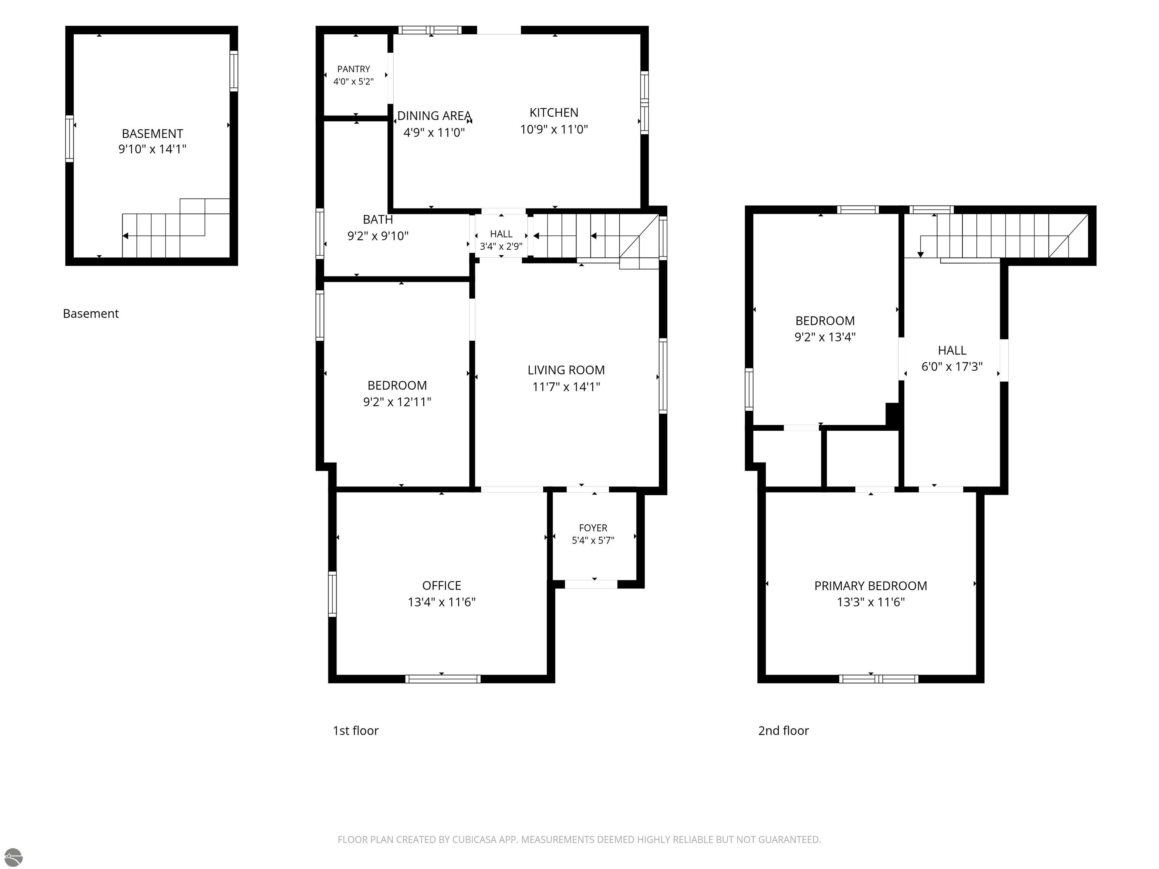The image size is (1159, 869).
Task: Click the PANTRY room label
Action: point(354,69)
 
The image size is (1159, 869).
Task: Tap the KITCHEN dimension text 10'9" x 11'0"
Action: point(554,129)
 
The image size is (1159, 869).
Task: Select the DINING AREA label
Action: point(434,116)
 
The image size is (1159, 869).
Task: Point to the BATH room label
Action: point(378,220)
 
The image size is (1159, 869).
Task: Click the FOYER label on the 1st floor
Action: point(593,528)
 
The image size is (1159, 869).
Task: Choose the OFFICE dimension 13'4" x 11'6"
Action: point(442,602)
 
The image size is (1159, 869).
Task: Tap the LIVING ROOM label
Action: point(566,370)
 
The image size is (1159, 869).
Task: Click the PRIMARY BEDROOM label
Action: point(870,586)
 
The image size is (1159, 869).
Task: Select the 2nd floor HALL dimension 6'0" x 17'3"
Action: point(952,367)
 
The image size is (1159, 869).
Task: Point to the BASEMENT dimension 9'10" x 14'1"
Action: point(152,149)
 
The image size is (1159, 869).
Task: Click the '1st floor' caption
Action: point(356,731)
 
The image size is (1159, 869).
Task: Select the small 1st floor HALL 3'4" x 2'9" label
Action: point(501,240)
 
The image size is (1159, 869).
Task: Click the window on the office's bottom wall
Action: point(443,679)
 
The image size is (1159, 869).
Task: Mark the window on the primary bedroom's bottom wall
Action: point(878,679)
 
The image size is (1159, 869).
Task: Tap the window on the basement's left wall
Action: point(69,139)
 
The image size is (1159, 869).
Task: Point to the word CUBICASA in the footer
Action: point(477,840)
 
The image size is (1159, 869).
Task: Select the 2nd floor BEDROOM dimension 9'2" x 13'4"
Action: point(825,337)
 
